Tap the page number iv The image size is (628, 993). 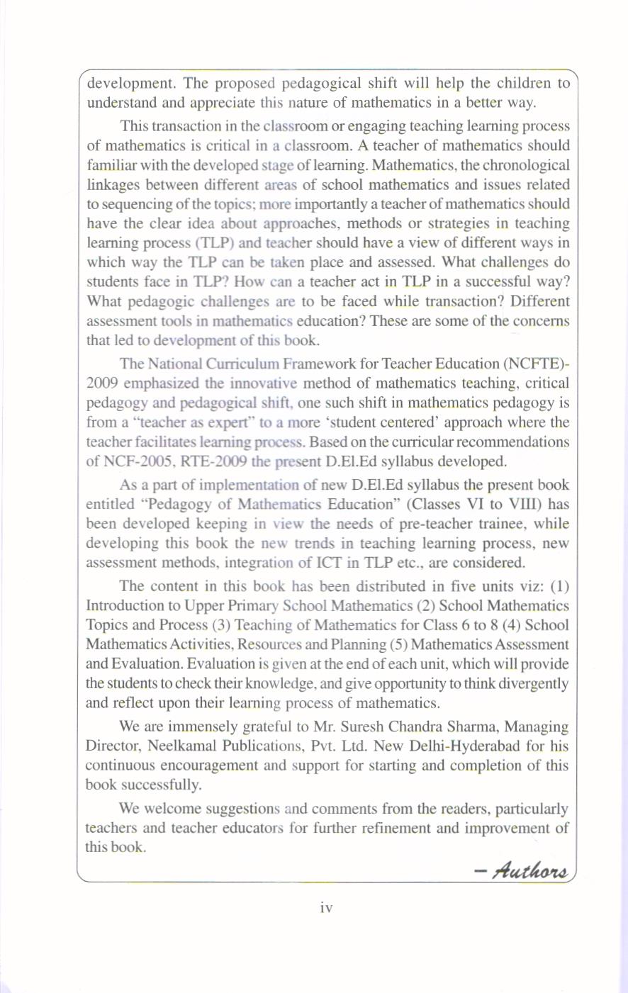click(326, 907)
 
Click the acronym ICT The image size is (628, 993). click(323, 563)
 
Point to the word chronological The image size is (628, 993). click(524, 165)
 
